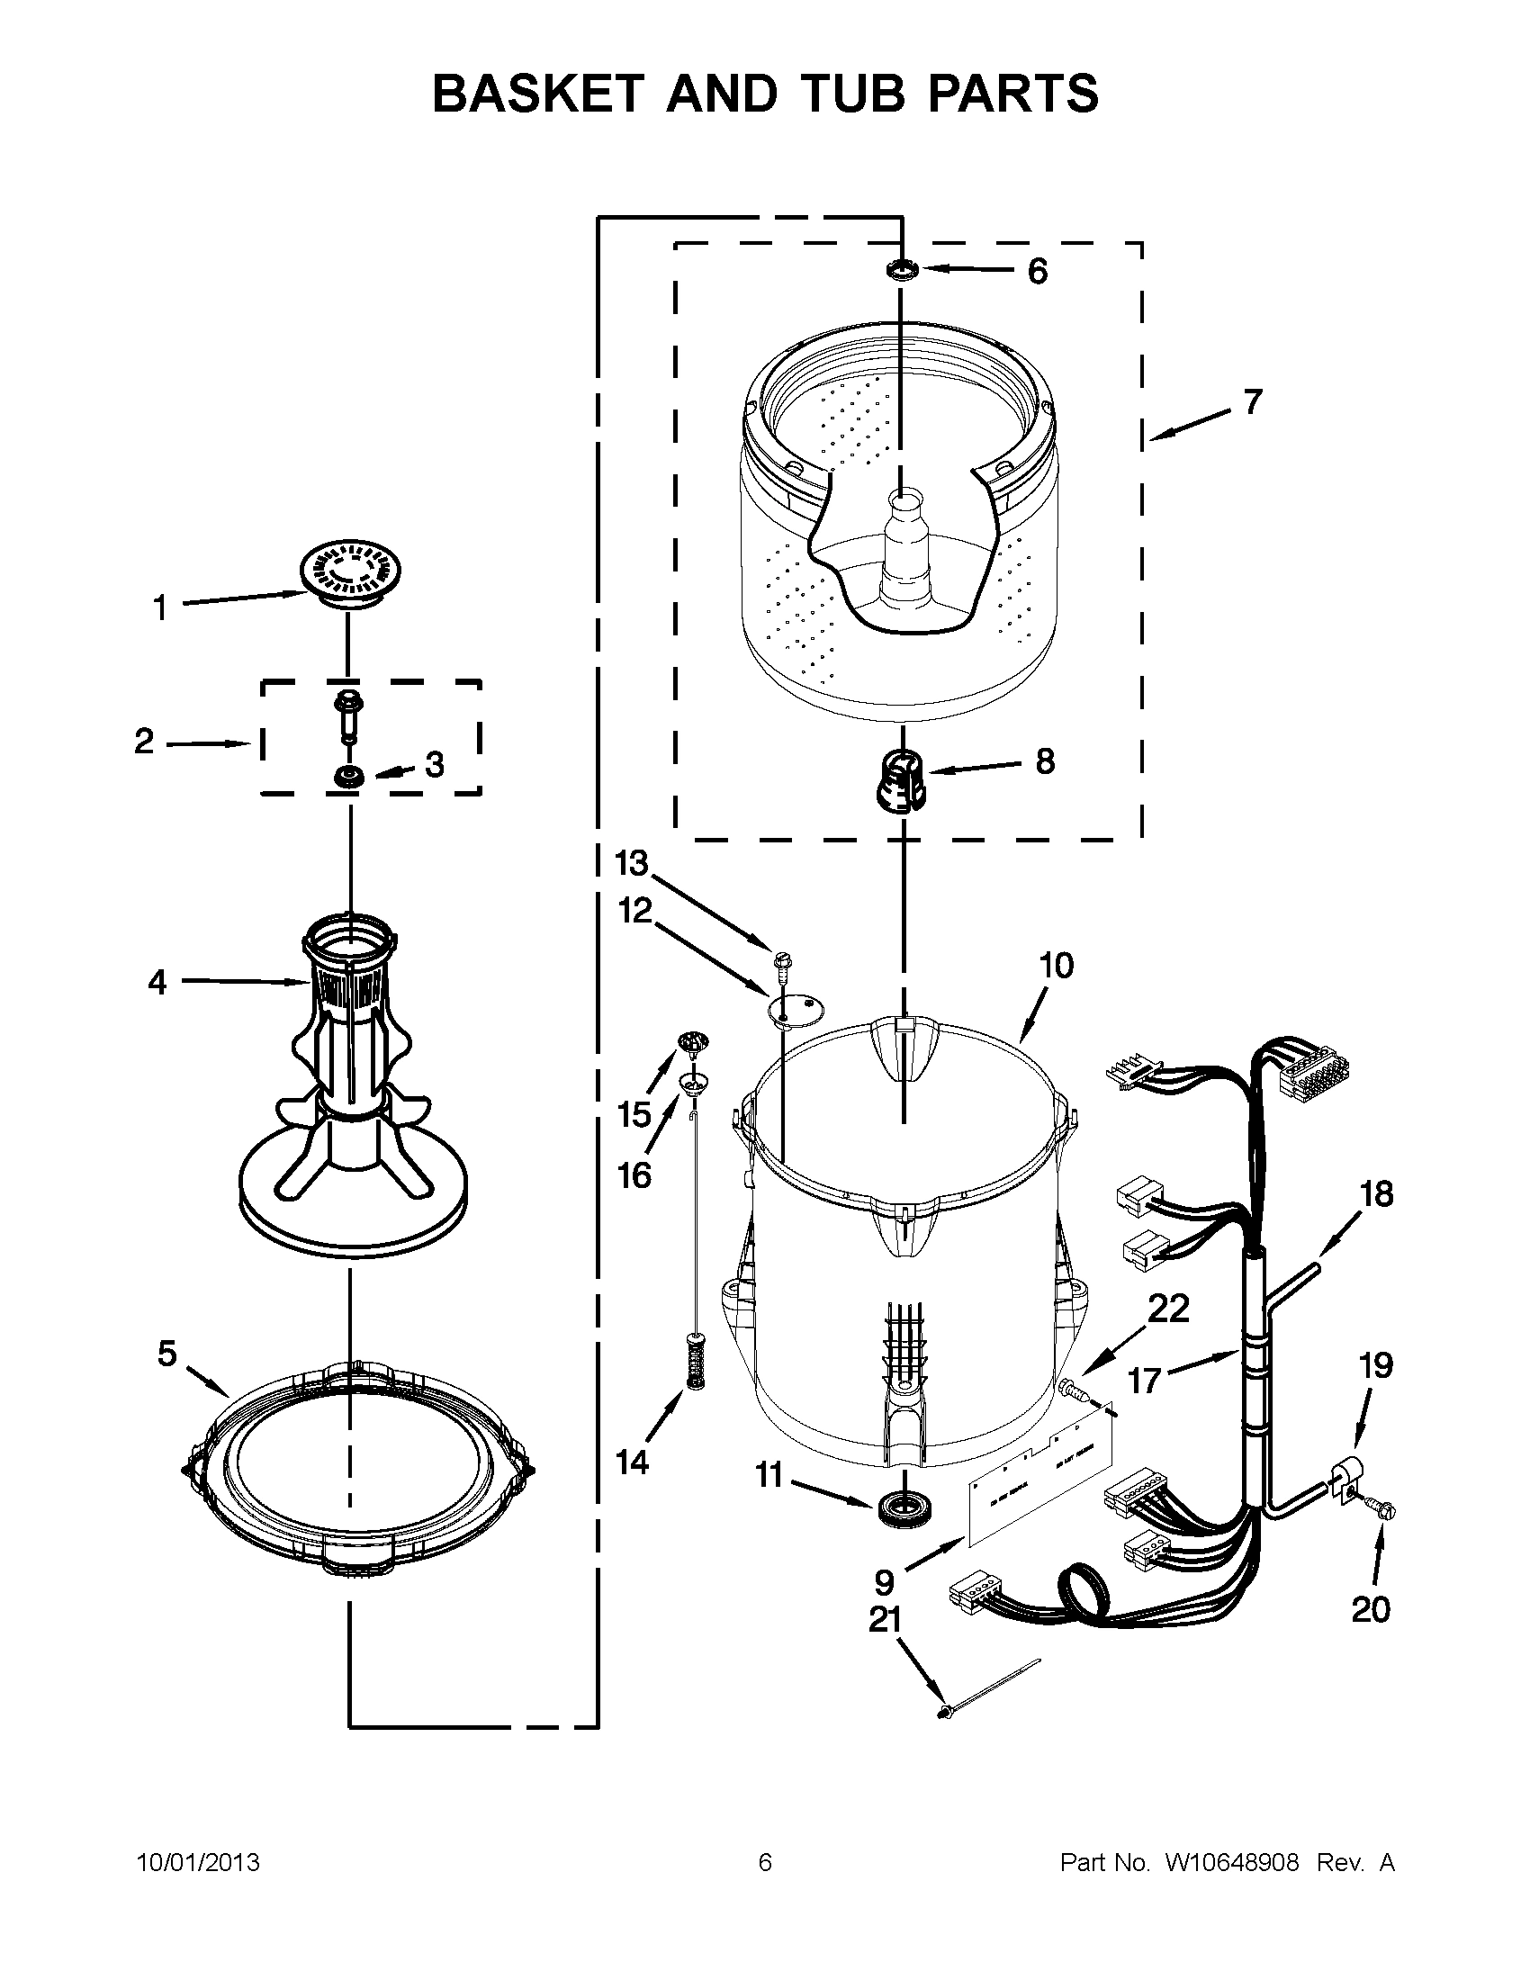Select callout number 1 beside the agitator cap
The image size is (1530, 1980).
point(160,608)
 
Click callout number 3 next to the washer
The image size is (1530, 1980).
point(435,764)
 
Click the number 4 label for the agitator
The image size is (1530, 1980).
point(157,982)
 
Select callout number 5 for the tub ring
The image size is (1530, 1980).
point(167,1354)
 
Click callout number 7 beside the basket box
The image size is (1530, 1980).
point(1253,401)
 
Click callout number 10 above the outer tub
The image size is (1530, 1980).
point(1056,966)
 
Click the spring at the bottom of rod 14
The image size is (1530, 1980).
point(696,1363)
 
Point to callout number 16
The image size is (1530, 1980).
point(634,1176)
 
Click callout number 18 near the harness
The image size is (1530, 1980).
point(1376,1194)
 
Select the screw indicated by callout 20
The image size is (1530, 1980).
point(1384,1510)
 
